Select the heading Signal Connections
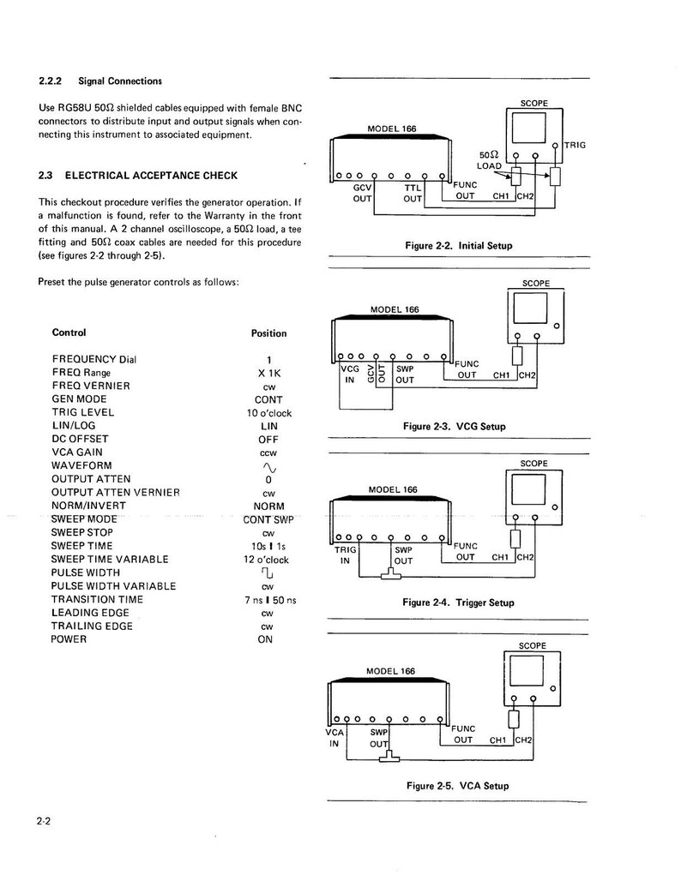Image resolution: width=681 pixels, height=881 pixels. (119, 81)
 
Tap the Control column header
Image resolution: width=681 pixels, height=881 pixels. (69, 333)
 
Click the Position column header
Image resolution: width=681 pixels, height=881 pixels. (268, 333)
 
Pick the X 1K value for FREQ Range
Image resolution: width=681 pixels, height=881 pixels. (268, 373)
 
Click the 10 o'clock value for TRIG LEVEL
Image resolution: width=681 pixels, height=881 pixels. (268, 413)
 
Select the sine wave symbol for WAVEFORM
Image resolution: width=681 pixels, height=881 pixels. (268, 467)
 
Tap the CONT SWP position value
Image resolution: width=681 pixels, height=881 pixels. (268, 519)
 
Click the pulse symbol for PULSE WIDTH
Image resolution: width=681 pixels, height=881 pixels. (268, 573)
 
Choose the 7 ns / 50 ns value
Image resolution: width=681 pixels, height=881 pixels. (270, 600)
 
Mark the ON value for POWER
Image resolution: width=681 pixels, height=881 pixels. (265, 639)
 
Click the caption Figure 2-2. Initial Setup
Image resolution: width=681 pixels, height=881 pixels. (459, 246)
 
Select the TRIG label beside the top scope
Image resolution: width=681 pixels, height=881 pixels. (575, 146)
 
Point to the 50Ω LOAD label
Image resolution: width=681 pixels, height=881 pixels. (490, 160)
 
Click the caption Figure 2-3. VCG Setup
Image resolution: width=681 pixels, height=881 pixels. (455, 426)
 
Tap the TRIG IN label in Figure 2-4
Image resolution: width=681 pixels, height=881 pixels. (345, 555)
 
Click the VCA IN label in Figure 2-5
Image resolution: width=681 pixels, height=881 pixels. (334, 739)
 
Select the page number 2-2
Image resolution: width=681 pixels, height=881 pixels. (44, 821)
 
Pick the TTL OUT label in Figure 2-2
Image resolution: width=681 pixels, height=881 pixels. (413, 193)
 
